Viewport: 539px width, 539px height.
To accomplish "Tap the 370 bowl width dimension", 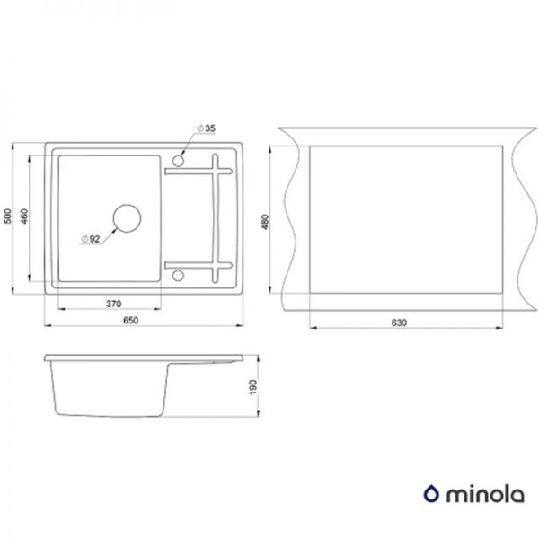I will point(112,304).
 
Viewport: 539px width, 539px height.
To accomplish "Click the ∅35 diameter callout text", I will point(208,129).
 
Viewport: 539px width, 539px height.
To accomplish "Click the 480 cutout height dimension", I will point(264,220).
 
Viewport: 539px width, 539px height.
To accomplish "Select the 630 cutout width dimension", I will point(400,323).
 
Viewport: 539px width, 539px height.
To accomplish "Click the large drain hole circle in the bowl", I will point(126,218).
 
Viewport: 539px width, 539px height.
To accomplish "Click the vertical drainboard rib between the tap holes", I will point(216,216).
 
